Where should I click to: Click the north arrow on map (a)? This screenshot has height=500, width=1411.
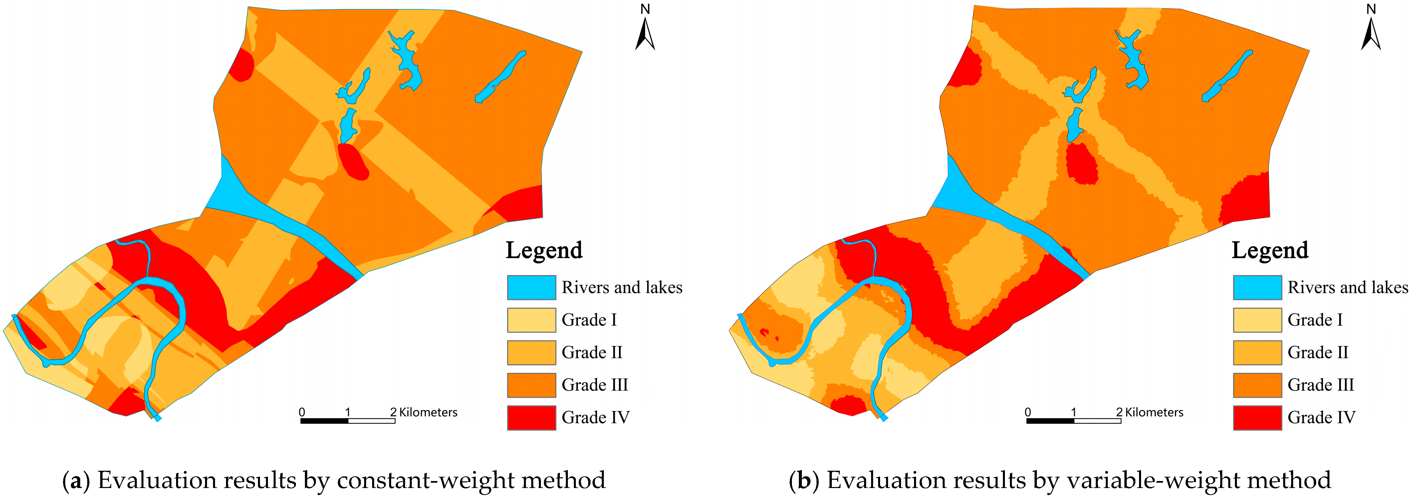point(645,33)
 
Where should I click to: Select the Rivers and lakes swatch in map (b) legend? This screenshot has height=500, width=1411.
point(1257,287)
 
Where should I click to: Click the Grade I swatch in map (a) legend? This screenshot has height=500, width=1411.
point(531,320)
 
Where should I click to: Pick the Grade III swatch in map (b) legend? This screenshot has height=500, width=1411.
point(1257,385)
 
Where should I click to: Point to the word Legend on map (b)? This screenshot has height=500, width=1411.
point(1270,250)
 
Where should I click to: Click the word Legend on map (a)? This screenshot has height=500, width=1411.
point(544,250)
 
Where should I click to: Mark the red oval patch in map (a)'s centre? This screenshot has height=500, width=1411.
point(353,162)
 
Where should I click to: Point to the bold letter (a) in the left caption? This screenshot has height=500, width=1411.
point(76,480)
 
